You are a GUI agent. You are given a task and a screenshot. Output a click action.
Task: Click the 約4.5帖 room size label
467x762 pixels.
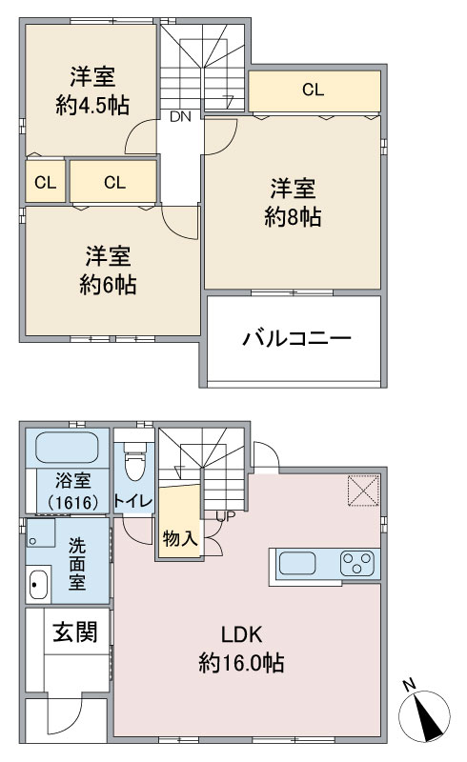pos(92,105)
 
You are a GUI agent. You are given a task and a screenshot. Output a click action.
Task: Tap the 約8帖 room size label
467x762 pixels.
pos(293,217)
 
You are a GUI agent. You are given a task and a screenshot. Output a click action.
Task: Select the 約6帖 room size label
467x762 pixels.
pos(108,285)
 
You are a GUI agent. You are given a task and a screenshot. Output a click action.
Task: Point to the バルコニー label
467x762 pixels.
pos(296,338)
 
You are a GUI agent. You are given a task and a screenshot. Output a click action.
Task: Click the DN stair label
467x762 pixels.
pos(180,116)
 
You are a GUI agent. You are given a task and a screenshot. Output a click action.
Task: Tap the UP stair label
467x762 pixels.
pos(226,516)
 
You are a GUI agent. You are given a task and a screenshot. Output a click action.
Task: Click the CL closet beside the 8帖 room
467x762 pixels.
pos(314,90)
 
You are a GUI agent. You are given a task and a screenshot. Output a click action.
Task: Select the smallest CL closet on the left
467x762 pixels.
pos(45,182)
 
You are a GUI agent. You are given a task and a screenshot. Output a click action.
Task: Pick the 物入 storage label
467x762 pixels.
pos(180,538)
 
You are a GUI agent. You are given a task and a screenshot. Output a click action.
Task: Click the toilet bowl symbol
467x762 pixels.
pos(134,463)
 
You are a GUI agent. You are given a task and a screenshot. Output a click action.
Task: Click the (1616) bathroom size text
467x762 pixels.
pos(73,503)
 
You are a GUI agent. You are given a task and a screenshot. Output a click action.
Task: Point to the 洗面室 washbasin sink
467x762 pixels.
pos(37,584)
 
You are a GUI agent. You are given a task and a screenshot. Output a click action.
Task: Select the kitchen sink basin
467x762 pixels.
pos(296,564)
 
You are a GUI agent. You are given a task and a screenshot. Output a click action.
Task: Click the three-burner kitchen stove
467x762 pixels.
pos(357,564)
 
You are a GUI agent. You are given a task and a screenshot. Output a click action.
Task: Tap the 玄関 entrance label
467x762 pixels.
pos(75,632)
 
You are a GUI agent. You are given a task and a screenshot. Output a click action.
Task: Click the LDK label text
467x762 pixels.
pos(242,635)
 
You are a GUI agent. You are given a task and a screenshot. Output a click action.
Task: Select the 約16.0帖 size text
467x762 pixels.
pos(241,663)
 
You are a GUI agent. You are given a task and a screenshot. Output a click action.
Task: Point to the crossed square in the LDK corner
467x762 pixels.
pos(363,491)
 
